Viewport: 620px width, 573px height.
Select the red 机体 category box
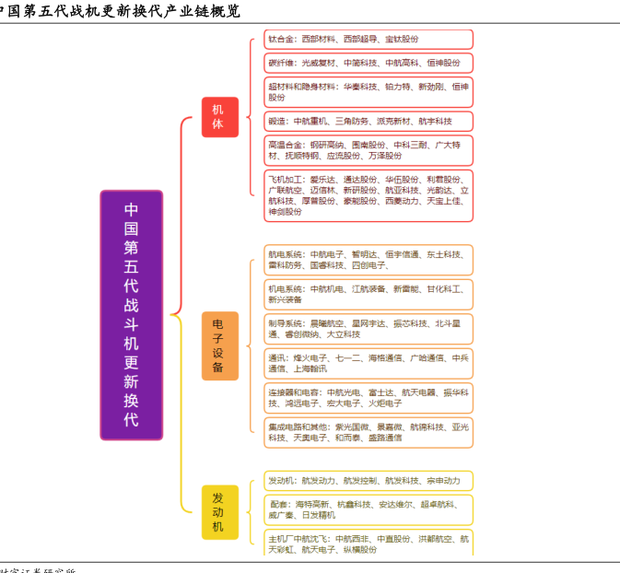pos(218,116)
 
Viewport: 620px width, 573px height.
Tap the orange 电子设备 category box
pos(218,345)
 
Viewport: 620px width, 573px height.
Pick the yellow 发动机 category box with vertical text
pos(218,511)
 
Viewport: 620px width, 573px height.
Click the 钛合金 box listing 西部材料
pos(368,40)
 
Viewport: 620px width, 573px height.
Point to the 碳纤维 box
pos(368,63)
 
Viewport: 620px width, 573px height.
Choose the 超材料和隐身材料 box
pos(368,91)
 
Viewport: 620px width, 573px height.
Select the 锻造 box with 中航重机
pos(368,121)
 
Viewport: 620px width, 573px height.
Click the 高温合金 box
pos(368,150)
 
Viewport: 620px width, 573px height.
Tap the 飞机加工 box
pos(368,195)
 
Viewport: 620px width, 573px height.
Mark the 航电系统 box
pos(368,259)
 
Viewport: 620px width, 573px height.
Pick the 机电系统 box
pos(368,294)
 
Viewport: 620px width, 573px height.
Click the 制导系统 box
pos(368,329)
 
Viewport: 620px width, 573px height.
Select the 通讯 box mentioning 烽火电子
pos(368,363)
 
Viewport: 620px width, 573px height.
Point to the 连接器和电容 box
pos(368,398)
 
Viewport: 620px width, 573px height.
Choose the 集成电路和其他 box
pos(368,432)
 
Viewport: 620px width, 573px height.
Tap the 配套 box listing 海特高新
pos(368,509)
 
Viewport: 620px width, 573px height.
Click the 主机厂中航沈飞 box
pos(368,544)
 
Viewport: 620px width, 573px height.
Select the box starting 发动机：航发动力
pos(368,481)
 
